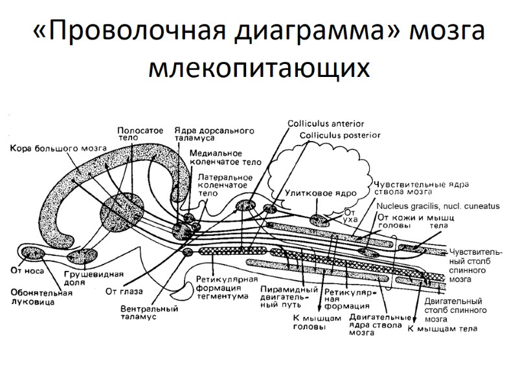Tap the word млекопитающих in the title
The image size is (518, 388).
259,69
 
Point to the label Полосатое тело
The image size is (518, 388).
140,135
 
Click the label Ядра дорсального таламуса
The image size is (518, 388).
213,134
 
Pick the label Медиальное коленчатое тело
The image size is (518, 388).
225,157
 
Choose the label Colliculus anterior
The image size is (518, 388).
326,123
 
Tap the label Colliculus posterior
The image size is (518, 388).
340,135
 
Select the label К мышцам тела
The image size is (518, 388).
443,329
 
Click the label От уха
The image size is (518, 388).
351,215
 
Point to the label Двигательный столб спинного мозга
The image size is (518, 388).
453,310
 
